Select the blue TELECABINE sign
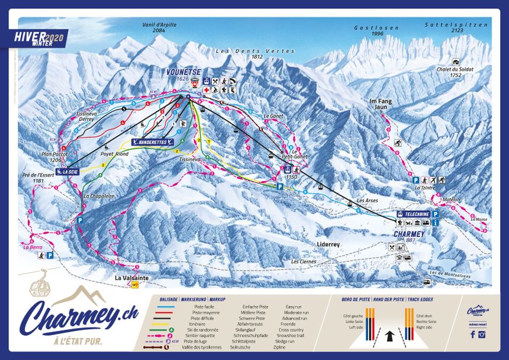pyautogui.click(x=414, y=214)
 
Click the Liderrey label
pyautogui.click(x=328, y=243)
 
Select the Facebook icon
pyautogui.click(x=472, y=334)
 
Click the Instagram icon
pyautogui.click(x=482, y=334)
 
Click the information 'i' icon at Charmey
pyautogui.click(x=435, y=223)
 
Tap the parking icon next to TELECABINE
pyautogui.click(x=436, y=214)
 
